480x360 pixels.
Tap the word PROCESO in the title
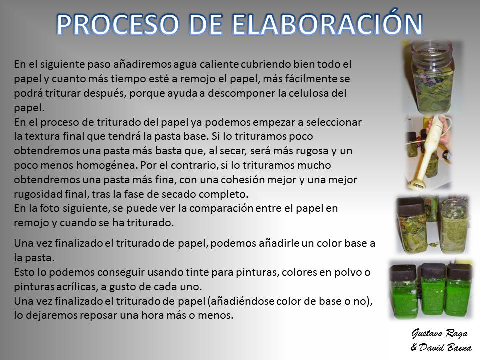[x=118, y=24]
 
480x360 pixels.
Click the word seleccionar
[x=334, y=122]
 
